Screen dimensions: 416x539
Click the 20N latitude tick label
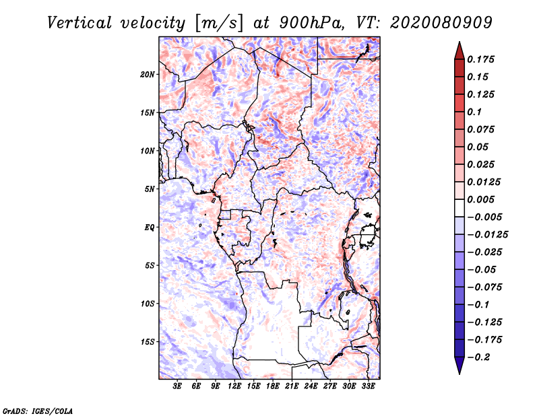pyautogui.click(x=148, y=74)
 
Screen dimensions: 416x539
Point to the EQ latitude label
pyautogui.click(x=150, y=228)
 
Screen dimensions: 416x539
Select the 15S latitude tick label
pyautogui.click(x=148, y=342)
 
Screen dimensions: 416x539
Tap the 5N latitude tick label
pyautogui.click(x=150, y=189)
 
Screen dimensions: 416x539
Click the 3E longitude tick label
pyautogui.click(x=178, y=386)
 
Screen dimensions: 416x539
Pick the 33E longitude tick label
pyautogui.click(x=368, y=386)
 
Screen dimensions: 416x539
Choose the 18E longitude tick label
pyautogui.click(x=273, y=386)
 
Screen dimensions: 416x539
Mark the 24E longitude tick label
pyautogui.click(x=311, y=386)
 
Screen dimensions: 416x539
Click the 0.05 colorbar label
pyautogui.click(x=478, y=147)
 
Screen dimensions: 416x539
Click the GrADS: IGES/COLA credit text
pyautogui.click(x=38, y=410)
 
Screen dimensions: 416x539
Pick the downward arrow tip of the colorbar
pyautogui.click(x=459, y=372)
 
